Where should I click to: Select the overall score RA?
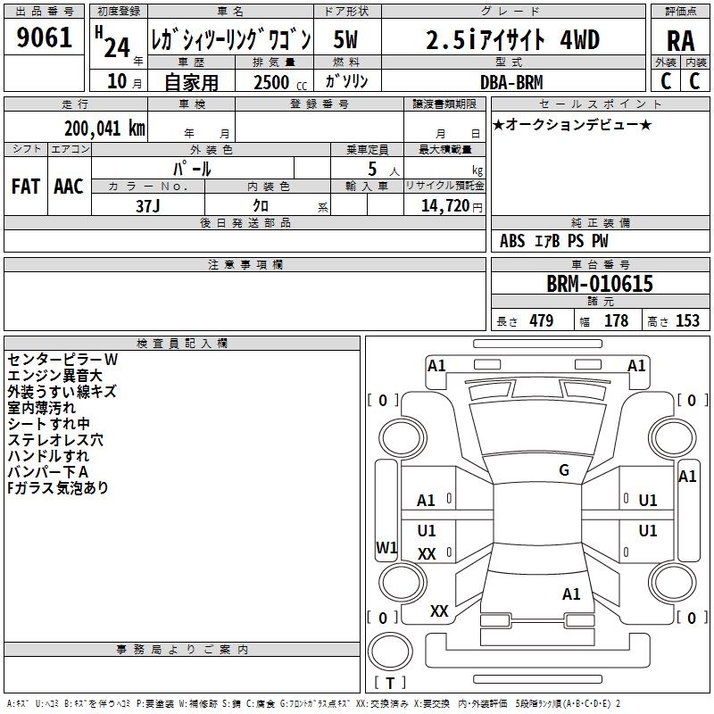[x=680, y=40]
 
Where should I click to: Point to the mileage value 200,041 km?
[x=104, y=129]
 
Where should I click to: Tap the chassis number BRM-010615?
[x=600, y=284]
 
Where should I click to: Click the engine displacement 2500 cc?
[x=271, y=82]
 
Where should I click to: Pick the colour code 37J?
[x=148, y=204]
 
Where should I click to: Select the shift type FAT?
[x=26, y=187]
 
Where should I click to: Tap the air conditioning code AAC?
[x=68, y=187]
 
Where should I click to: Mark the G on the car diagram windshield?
[x=563, y=470]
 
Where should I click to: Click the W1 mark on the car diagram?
[x=386, y=547]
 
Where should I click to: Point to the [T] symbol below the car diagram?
[x=390, y=684]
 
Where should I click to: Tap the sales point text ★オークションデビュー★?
[x=571, y=124]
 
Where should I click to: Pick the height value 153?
[x=687, y=321]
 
